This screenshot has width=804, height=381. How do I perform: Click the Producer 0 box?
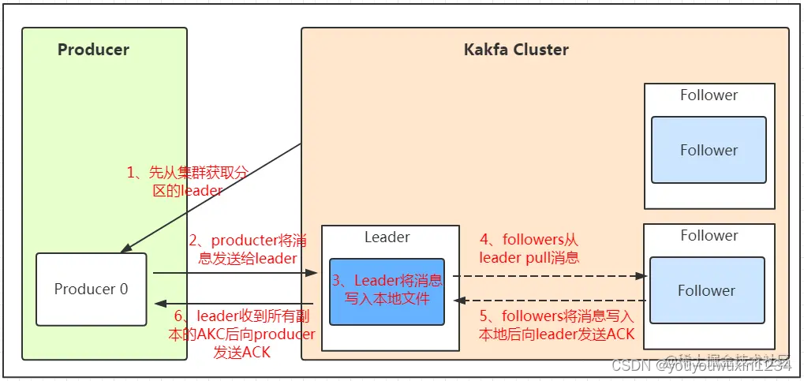coord(91,289)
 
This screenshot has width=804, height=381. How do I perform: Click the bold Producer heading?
coord(93,50)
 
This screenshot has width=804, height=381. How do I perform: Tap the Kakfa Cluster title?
coord(515,50)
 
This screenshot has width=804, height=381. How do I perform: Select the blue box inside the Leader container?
coord(387,290)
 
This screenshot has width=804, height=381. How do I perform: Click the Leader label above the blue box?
coord(387,237)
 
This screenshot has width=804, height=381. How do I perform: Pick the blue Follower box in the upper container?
coord(709,150)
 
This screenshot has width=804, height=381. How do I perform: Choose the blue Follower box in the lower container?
coord(706,290)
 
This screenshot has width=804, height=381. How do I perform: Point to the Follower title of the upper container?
coord(709,95)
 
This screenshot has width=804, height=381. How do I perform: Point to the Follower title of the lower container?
coord(709,235)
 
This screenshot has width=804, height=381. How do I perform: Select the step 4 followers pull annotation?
coord(529,248)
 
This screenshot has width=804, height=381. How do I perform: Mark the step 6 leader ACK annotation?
coord(241,334)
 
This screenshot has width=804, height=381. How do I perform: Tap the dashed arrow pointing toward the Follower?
coord(552,276)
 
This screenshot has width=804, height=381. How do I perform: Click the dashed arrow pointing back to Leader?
coord(552,301)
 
